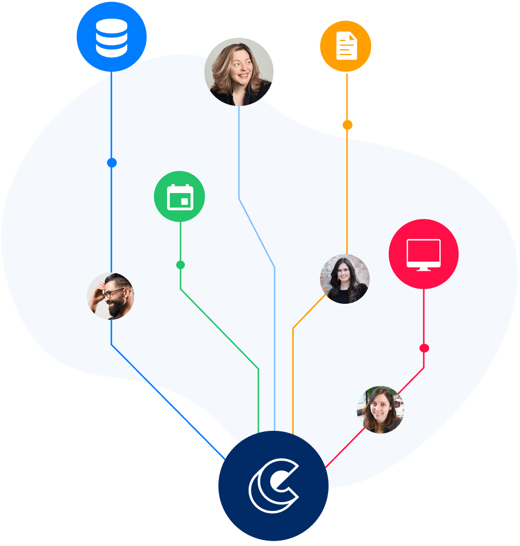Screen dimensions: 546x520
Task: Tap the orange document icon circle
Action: (346, 46)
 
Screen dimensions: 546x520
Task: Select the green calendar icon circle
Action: (179, 196)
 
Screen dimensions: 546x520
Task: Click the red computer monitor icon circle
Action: (423, 254)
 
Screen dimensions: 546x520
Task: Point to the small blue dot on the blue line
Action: (112, 163)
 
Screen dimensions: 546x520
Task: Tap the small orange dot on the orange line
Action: (347, 125)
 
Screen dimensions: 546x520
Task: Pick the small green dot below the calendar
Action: (181, 265)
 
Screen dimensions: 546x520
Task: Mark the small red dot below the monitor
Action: (424, 348)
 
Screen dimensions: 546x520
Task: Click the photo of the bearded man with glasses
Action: (110, 296)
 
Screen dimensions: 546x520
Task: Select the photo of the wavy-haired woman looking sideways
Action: (239, 71)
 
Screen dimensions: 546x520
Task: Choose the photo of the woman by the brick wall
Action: (345, 279)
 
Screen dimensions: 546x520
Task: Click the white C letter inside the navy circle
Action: (272, 486)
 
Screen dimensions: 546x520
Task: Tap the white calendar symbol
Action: (180, 197)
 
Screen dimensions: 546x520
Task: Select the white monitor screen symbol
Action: (423, 252)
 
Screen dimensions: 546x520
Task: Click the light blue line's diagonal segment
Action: (257, 232)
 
